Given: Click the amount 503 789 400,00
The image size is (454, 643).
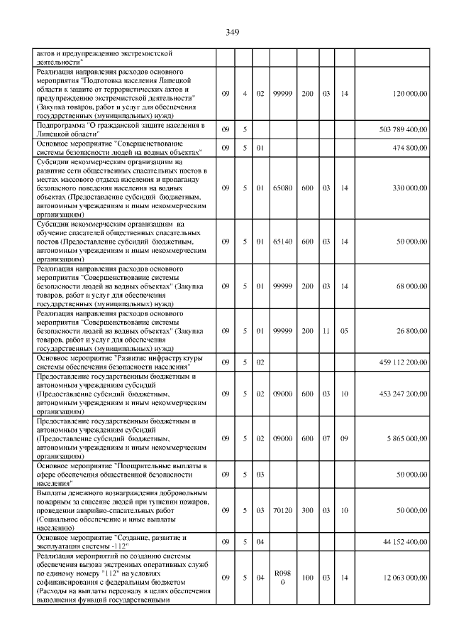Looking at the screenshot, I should [x=397, y=129].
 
